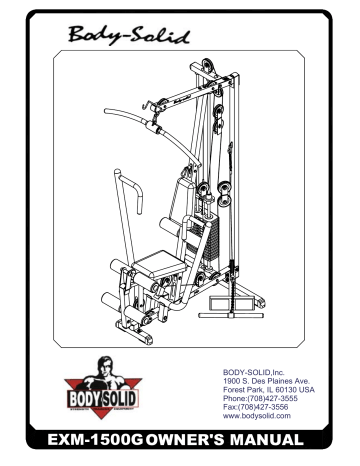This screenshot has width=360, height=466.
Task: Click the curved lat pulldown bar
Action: pyautogui.click(x=100, y=111)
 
